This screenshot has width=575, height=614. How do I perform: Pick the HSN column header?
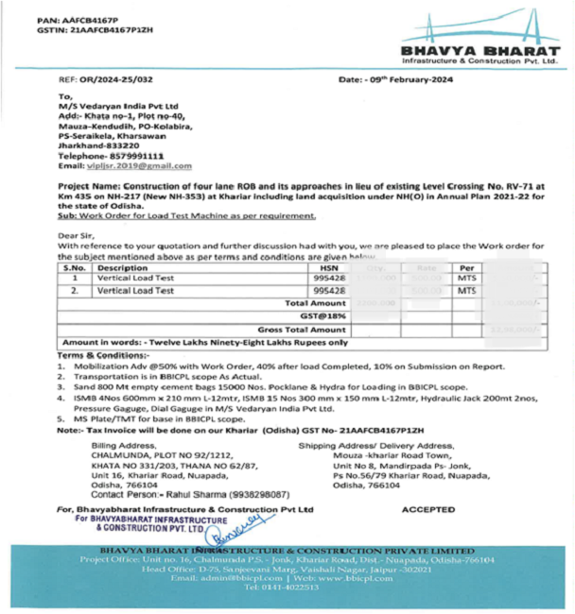(322, 268)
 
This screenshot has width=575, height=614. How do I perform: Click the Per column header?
(465, 268)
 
